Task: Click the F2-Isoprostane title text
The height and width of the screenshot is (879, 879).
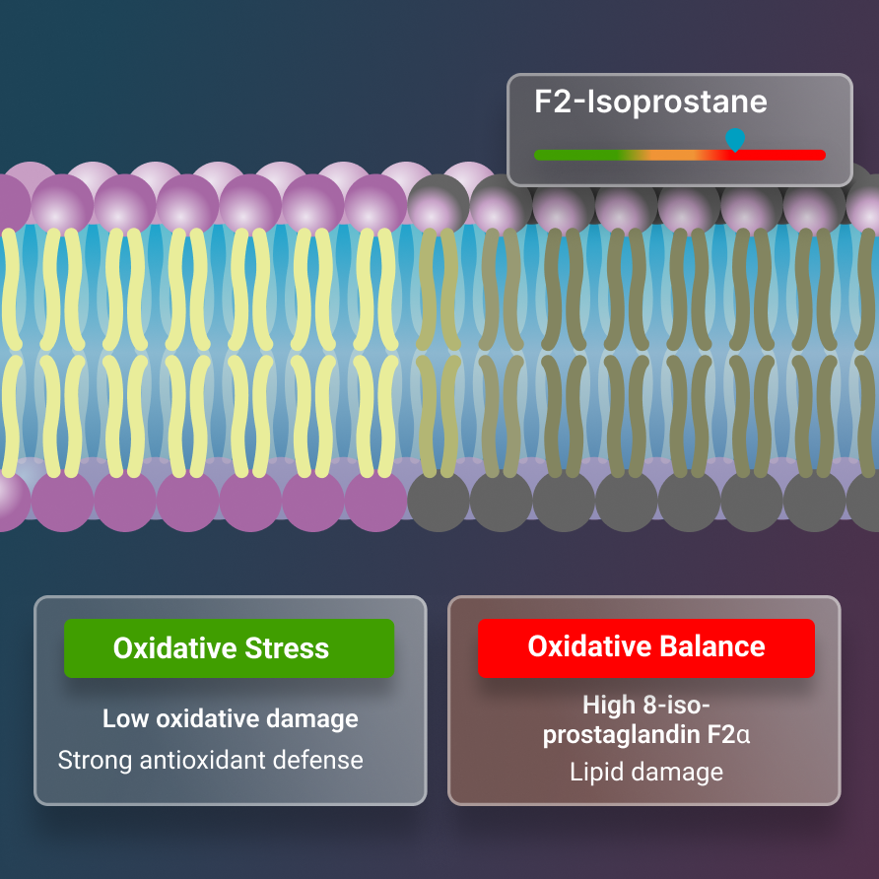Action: tap(650, 102)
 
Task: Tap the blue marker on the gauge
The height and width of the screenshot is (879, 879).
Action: tap(734, 140)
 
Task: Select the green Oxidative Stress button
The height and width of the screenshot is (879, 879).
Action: tap(229, 647)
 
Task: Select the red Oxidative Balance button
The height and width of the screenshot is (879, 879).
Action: tap(646, 647)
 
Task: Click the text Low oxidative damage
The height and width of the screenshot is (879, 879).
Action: tap(231, 718)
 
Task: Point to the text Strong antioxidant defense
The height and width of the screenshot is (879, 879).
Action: tap(211, 760)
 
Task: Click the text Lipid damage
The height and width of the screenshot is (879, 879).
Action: tap(646, 772)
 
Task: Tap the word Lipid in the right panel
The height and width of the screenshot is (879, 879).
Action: tap(595, 772)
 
